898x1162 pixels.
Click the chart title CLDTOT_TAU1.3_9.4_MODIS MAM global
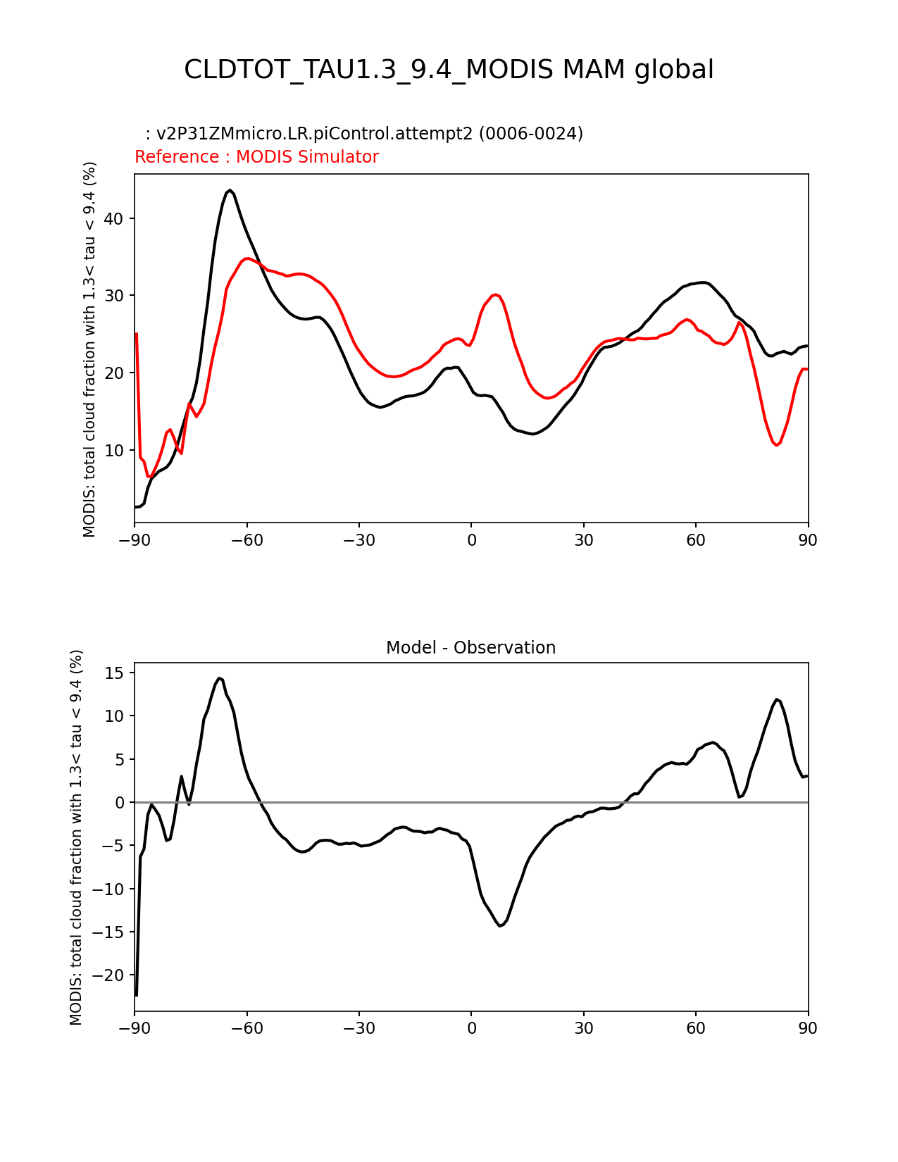[x=449, y=70]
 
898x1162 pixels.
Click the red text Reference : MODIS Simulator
[x=256, y=157]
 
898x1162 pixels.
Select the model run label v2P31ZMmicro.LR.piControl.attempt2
[x=314, y=134]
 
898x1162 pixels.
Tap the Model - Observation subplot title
[x=470, y=648]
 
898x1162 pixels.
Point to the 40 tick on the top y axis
[x=114, y=219]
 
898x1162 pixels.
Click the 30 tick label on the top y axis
[x=114, y=296]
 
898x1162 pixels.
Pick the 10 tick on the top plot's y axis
[x=114, y=450]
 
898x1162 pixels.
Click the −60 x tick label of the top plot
[x=247, y=540]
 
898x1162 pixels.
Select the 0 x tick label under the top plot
[x=471, y=540]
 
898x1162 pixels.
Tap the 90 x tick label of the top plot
[x=808, y=540]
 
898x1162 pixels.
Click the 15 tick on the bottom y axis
[x=114, y=673]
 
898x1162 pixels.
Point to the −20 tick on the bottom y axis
[x=108, y=975]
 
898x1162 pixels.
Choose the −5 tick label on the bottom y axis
[x=111, y=846]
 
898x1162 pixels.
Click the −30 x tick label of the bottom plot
[x=358, y=1029]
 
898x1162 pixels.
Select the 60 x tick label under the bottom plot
[x=696, y=1029]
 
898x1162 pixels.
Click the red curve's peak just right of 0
[x=496, y=294]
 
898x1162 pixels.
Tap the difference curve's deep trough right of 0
[x=500, y=925]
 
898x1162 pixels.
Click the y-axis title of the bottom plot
[x=77, y=837]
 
